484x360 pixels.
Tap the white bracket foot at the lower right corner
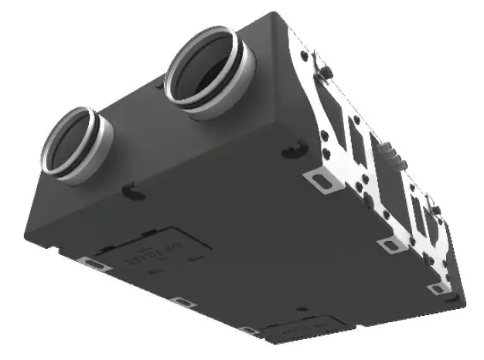438,289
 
